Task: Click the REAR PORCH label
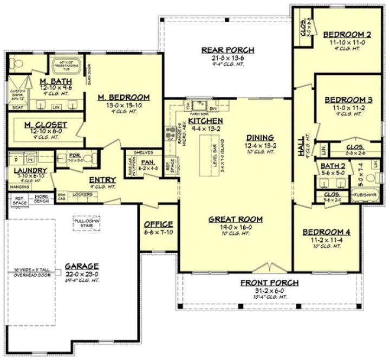click(227, 50)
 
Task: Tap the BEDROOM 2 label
click(347, 35)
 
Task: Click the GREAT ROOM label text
click(236, 220)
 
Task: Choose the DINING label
click(260, 138)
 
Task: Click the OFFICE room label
click(158, 224)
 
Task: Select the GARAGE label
click(82, 266)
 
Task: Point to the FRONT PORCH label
click(269, 283)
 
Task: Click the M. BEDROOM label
click(123, 98)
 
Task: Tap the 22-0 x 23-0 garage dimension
click(82, 274)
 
